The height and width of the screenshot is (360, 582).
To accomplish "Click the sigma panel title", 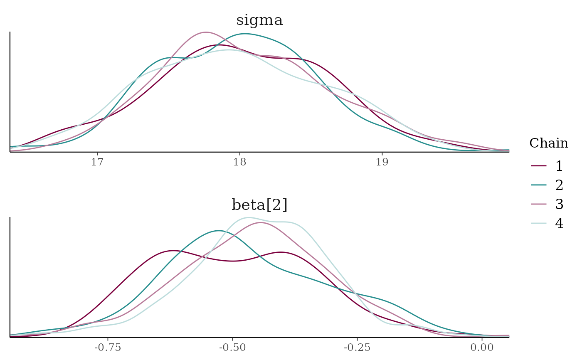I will [x=259, y=20].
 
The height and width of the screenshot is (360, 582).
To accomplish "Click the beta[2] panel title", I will [x=259, y=205].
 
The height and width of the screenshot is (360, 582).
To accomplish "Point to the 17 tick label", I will [x=97, y=162].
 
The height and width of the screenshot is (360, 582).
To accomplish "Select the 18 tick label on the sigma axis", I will [x=239, y=162].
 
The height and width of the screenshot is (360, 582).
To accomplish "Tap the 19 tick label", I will [x=382, y=162].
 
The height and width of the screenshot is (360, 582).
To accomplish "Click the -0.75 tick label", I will [x=108, y=347].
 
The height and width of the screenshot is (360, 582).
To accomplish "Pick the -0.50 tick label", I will [x=232, y=347].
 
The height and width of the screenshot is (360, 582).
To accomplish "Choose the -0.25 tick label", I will [x=357, y=347].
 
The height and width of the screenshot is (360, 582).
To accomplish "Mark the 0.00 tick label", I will [x=482, y=347].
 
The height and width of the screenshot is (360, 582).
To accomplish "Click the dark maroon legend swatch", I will [x=539, y=166].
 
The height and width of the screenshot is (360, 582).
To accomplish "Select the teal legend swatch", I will [x=539, y=185].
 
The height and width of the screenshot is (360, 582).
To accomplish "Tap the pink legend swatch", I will [x=539, y=204].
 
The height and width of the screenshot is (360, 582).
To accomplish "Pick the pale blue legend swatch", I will [x=539, y=223].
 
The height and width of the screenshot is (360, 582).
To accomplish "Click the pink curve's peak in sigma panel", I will [x=206, y=32].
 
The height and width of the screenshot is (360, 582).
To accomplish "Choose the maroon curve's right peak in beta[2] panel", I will [x=282, y=252].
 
